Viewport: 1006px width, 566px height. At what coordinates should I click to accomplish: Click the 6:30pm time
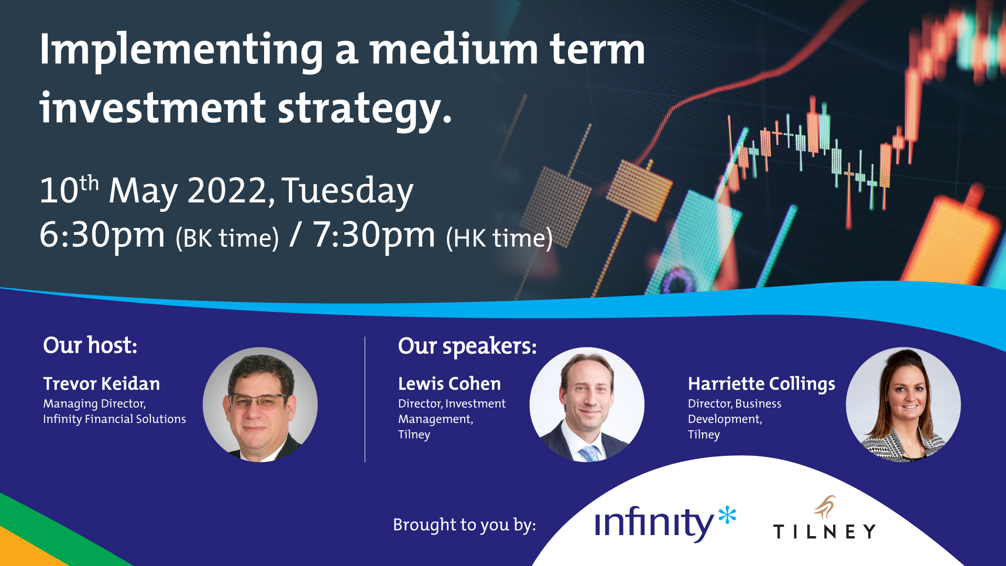coord(102,236)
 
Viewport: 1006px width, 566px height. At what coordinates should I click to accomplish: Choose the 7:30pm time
coord(374,236)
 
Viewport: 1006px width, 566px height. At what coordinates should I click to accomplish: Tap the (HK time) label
coord(499,239)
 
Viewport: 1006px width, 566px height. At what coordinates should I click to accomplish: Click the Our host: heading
coord(90,345)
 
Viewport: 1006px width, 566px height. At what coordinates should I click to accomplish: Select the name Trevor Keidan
coord(102,384)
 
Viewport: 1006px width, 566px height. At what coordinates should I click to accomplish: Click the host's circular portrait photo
coord(260,405)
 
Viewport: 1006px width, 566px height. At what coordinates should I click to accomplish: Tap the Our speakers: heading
coord(467,346)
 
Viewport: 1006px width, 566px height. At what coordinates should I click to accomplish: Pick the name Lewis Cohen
coord(450,384)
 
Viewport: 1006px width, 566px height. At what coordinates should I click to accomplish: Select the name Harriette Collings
coord(761,384)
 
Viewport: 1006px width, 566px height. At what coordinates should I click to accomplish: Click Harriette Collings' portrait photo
coord(903,405)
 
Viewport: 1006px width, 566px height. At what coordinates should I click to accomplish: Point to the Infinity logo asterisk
coord(727,516)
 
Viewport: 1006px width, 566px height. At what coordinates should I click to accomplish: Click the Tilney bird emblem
coord(825,507)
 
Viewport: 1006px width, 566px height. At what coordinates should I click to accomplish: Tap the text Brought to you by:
coord(464,525)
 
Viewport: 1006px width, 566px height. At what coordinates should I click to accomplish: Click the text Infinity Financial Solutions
coord(114,419)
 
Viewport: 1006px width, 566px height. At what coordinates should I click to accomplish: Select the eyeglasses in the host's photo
coord(258,401)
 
